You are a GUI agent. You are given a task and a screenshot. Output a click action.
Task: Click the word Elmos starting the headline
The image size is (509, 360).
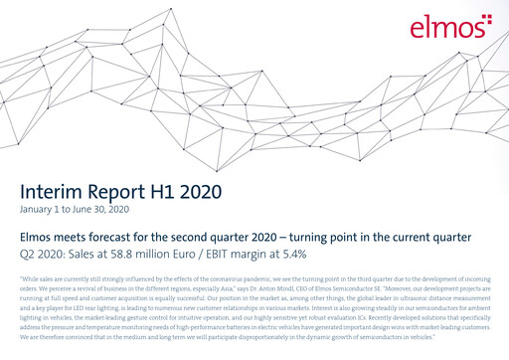coord(39,238)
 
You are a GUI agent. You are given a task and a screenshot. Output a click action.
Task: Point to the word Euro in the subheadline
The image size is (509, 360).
coord(179,256)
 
